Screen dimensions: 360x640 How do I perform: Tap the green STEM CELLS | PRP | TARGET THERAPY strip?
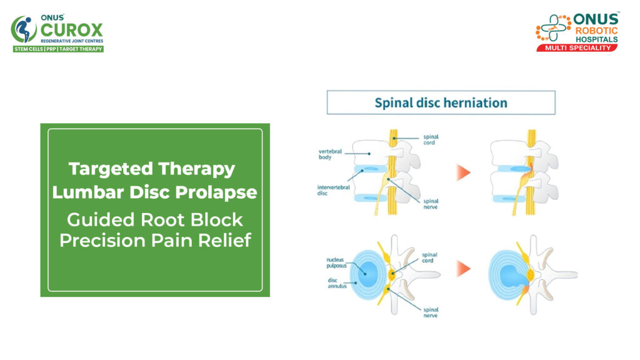coord(58,49)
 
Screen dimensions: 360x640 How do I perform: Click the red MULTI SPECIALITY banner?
coord(577,47)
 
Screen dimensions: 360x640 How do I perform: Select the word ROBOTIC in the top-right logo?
coord(597,29)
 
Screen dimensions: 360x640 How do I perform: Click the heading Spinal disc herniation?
coord(441,102)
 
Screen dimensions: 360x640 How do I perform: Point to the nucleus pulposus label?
coord(338,262)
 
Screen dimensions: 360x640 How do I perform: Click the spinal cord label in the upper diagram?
coord(432,139)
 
